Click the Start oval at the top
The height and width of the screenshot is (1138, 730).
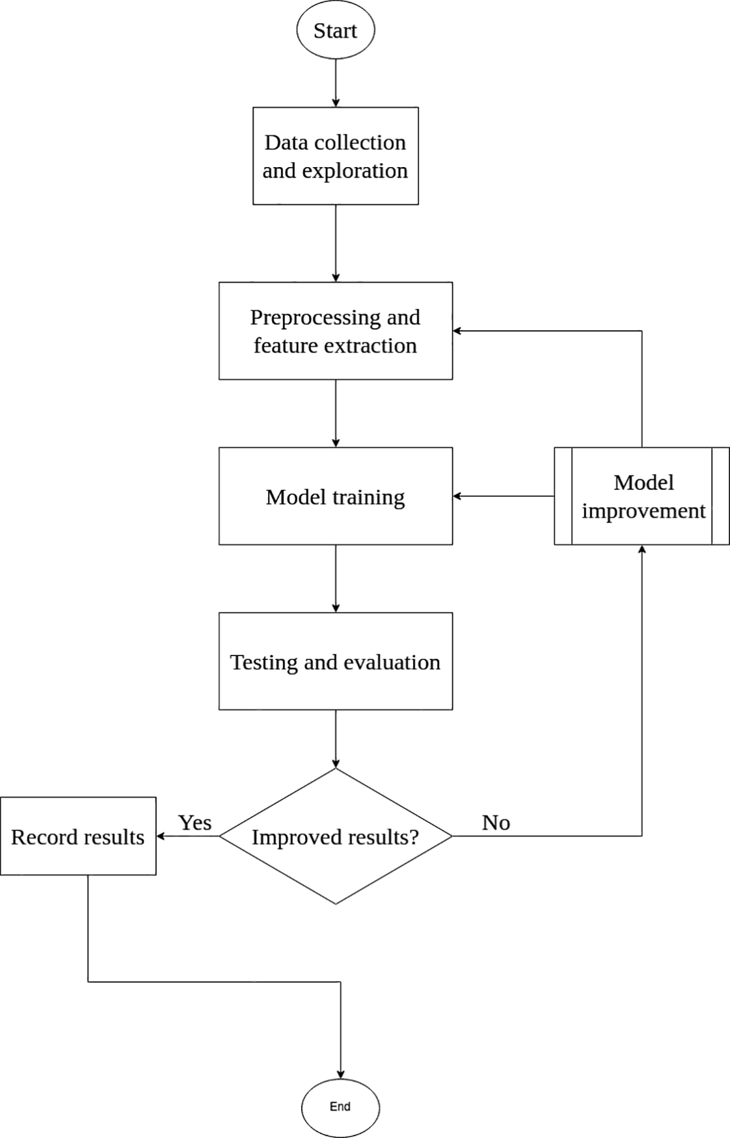(x=335, y=31)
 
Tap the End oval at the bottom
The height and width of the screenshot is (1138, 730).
(x=340, y=1107)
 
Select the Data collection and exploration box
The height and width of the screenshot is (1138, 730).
(x=335, y=156)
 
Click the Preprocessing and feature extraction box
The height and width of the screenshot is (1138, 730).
(x=335, y=331)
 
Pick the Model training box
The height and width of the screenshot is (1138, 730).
(x=335, y=496)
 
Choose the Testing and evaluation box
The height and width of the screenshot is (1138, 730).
(x=335, y=661)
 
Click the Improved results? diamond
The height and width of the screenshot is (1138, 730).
(x=335, y=836)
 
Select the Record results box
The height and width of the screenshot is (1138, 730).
(x=78, y=836)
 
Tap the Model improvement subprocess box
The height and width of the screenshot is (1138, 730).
(x=642, y=496)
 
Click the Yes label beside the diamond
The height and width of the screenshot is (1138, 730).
(x=195, y=823)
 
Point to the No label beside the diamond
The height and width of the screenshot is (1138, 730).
(x=496, y=823)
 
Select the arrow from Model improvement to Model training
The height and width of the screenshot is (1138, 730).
(x=504, y=496)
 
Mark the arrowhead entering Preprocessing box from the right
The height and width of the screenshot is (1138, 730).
(x=457, y=331)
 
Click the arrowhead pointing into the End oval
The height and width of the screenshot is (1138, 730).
(x=340, y=1074)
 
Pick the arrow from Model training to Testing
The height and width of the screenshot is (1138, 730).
(x=336, y=578)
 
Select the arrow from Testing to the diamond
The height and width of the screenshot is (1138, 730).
(x=336, y=739)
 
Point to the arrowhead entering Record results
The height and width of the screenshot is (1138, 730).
(x=161, y=836)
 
